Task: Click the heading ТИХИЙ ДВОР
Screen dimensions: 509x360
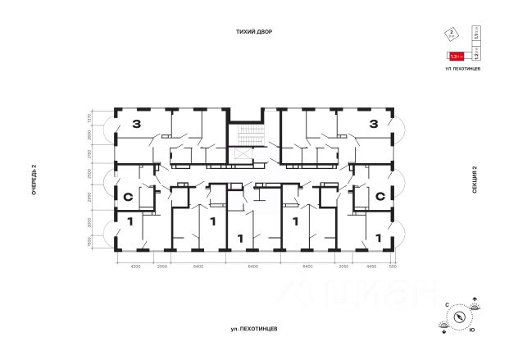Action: pos(254,31)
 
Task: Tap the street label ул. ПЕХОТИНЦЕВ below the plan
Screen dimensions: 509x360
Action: pos(254,328)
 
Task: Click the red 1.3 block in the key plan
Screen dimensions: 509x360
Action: pos(457,56)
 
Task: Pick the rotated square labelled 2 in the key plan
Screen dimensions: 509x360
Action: pos(450,34)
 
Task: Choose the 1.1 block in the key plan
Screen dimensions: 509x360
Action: pos(476,34)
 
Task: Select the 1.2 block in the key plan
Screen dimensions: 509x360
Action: pos(476,56)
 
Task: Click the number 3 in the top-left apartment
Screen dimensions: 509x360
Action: pos(135,125)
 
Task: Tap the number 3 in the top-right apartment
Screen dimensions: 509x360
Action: pos(373,125)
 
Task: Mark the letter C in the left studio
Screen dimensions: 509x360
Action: pos(128,197)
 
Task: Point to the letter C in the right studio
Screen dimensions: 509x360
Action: pos(380,197)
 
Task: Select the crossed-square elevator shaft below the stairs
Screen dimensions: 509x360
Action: pos(242,153)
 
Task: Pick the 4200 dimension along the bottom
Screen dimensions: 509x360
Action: pos(137,267)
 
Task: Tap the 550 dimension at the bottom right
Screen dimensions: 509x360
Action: pos(393,267)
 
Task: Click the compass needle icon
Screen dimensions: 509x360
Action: pos(461,316)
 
